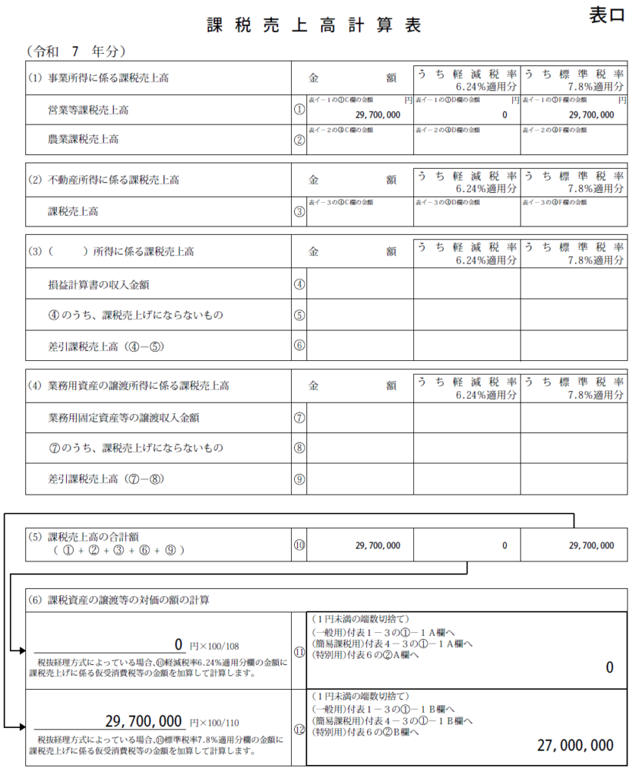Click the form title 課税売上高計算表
[x=314, y=25]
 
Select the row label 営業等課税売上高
[x=88, y=110]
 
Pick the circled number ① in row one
[x=299, y=110]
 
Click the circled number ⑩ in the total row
[x=299, y=545]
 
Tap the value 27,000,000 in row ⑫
[x=575, y=745]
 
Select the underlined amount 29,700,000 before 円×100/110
[x=143, y=720]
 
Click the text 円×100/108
[x=214, y=646]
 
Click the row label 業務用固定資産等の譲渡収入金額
[x=113, y=417]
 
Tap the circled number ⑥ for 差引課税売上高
[x=299, y=346]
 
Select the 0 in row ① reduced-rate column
[x=504, y=115]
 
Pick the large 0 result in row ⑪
[x=609, y=668]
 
